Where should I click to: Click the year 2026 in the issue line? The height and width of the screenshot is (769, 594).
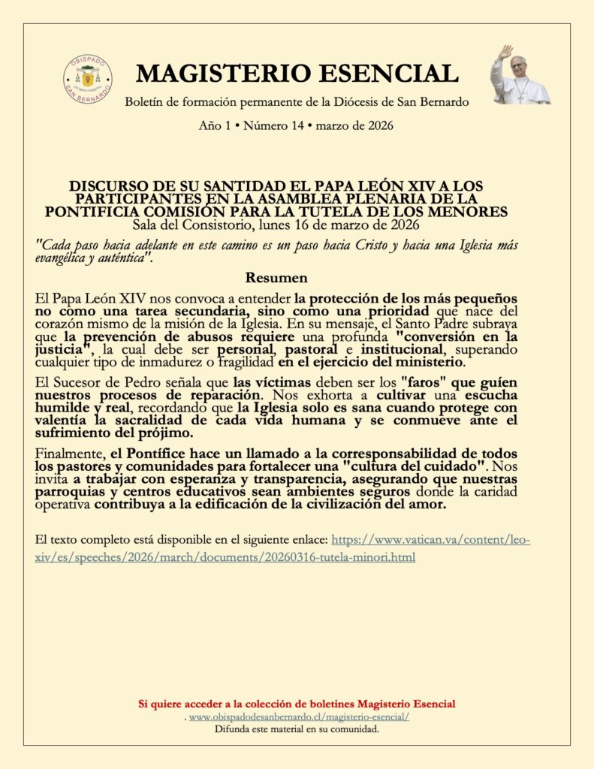[x=378, y=125]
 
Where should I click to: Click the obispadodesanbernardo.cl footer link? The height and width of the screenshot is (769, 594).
[x=299, y=717]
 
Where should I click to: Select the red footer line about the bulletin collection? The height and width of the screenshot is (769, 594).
[x=297, y=704]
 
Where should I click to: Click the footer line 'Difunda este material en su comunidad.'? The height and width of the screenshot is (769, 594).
[x=297, y=729]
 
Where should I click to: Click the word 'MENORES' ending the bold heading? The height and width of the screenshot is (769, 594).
[x=475, y=212]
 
